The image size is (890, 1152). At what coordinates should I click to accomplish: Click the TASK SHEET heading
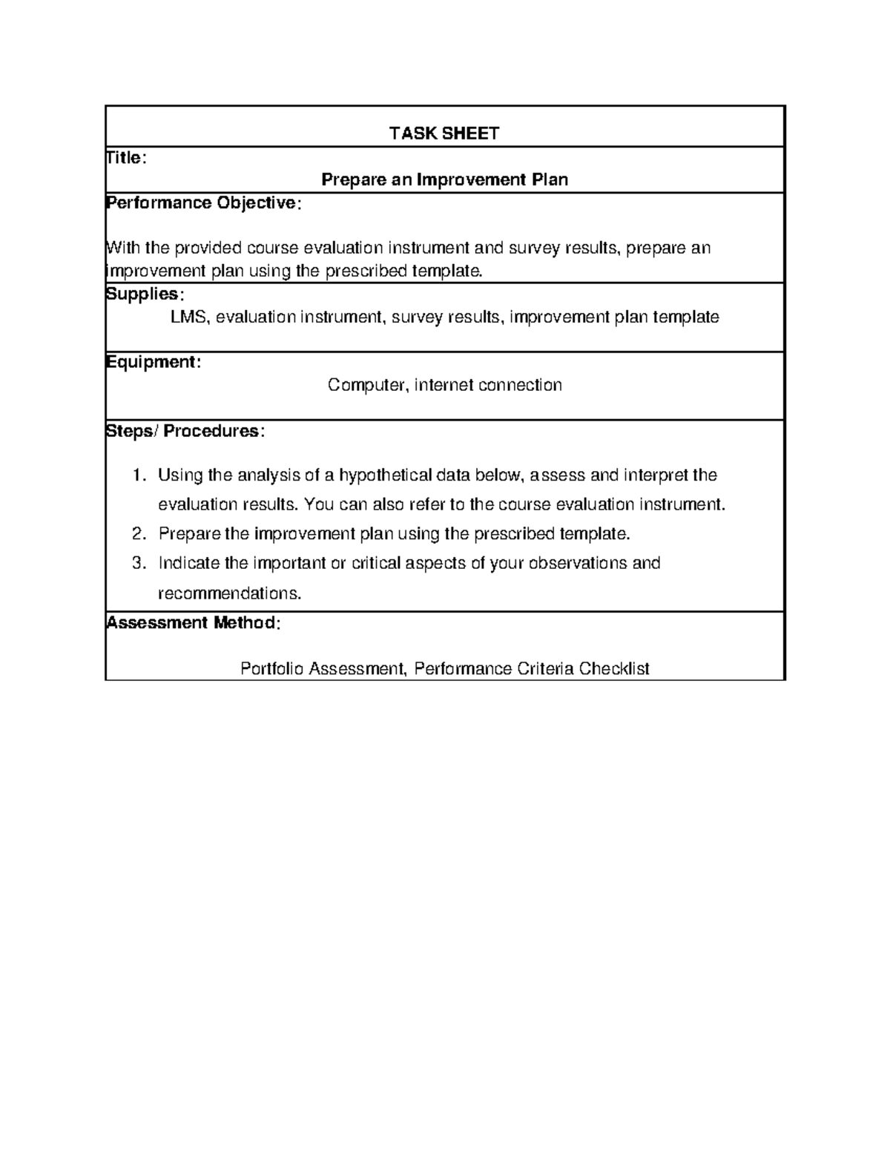pyautogui.click(x=444, y=134)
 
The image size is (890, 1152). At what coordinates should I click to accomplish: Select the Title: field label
pyautogui.click(x=126, y=157)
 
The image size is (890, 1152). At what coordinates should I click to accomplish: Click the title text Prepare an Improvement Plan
pyautogui.click(x=444, y=180)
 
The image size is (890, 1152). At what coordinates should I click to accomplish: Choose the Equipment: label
pyautogui.click(x=153, y=362)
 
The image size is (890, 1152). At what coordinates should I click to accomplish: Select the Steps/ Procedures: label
pyautogui.click(x=185, y=431)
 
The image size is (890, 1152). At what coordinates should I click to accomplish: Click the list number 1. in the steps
pyautogui.click(x=139, y=475)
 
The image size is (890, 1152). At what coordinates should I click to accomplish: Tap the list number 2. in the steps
pyautogui.click(x=139, y=534)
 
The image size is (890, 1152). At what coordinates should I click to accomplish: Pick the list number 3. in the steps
pyautogui.click(x=139, y=563)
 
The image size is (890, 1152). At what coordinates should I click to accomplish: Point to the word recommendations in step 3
pyautogui.click(x=230, y=593)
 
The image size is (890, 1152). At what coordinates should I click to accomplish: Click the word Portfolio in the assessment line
pyautogui.click(x=271, y=669)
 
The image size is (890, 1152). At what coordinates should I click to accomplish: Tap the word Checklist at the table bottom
pyautogui.click(x=614, y=669)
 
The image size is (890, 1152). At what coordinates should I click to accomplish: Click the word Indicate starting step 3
pyautogui.click(x=189, y=563)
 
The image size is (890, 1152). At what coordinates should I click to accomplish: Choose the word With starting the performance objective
pyautogui.click(x=124, y=248)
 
